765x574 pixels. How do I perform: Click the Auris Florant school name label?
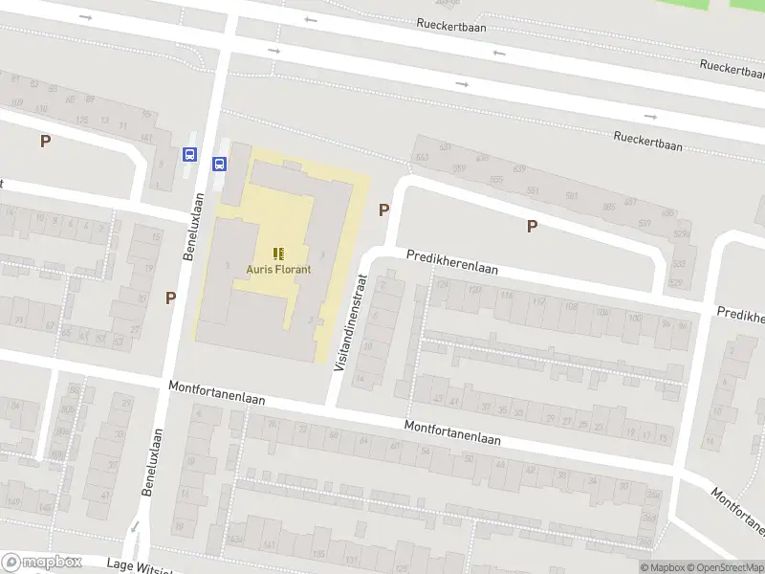tap(278, 270)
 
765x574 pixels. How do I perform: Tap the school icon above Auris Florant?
tap(278, 254)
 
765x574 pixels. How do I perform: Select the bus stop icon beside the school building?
tap(219, 163)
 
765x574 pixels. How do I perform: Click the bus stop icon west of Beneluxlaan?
tap(188, 153)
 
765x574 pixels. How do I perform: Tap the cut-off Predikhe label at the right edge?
tap(740, 315)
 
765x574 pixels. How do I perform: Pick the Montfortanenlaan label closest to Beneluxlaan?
tap(216, 394)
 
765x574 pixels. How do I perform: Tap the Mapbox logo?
tap(41, 563)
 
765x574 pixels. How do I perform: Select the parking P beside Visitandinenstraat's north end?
tap(384, 210)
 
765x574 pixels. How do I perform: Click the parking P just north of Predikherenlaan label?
tap(532, 227)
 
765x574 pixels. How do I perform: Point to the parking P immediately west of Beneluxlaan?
tap(170, 298)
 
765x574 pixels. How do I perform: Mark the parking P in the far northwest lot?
tap(45, 142)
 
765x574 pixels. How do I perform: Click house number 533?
tap(678, 264)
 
